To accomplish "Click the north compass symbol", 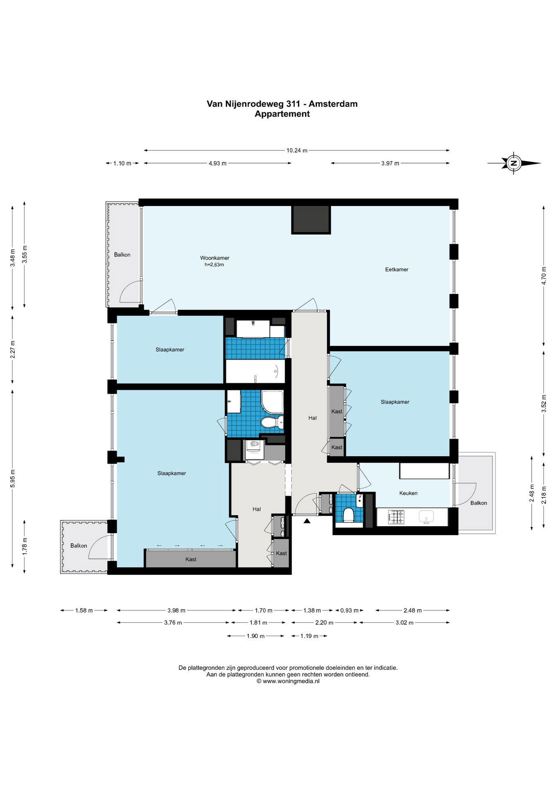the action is pos(514,163).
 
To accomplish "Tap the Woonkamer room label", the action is pos(215,258).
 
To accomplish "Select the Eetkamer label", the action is pos(397,269).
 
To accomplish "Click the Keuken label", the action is pos(408,493).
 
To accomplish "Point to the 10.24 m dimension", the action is pos(297,150).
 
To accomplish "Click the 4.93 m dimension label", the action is pos(217,163).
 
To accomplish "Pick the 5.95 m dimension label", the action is pos(13,478).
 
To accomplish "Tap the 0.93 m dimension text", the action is pos(349,610).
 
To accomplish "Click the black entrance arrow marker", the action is pos(307,520).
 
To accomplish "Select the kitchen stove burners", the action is pos(396,517).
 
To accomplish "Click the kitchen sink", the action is pos(426,517).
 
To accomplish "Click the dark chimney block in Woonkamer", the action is pos(311,220).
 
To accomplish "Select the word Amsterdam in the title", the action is pos(333,104).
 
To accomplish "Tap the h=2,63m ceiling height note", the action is pos(214,265).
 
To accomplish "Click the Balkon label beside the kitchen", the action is pos(479,503).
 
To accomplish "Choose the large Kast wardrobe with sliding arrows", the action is pos(191,559).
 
